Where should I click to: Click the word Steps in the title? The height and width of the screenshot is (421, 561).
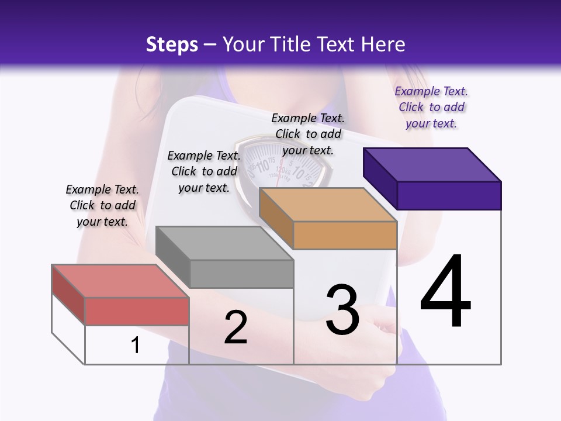pos(172,44)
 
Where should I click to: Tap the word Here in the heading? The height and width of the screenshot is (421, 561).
pos(383,44)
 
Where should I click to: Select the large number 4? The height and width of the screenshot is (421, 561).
pos(445,292)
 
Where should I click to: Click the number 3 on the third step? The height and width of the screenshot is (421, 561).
pos(342,310)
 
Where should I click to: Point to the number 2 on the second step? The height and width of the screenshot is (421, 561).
pos(236,327)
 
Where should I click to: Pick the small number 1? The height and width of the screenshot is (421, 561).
pos(136,346)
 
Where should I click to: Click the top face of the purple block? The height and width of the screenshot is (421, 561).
pos(432,164)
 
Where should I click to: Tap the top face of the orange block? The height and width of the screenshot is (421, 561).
pos(328,205)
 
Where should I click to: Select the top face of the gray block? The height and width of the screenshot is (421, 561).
pos(224,243)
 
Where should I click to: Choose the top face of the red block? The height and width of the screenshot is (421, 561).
pos(120,281)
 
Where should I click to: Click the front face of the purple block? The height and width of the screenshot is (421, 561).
pos(449,195)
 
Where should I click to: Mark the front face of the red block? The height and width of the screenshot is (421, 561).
pos(137,311)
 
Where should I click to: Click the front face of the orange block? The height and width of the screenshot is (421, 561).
pos(345,235)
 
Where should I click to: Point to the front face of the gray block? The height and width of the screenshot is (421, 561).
pos(241,274)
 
